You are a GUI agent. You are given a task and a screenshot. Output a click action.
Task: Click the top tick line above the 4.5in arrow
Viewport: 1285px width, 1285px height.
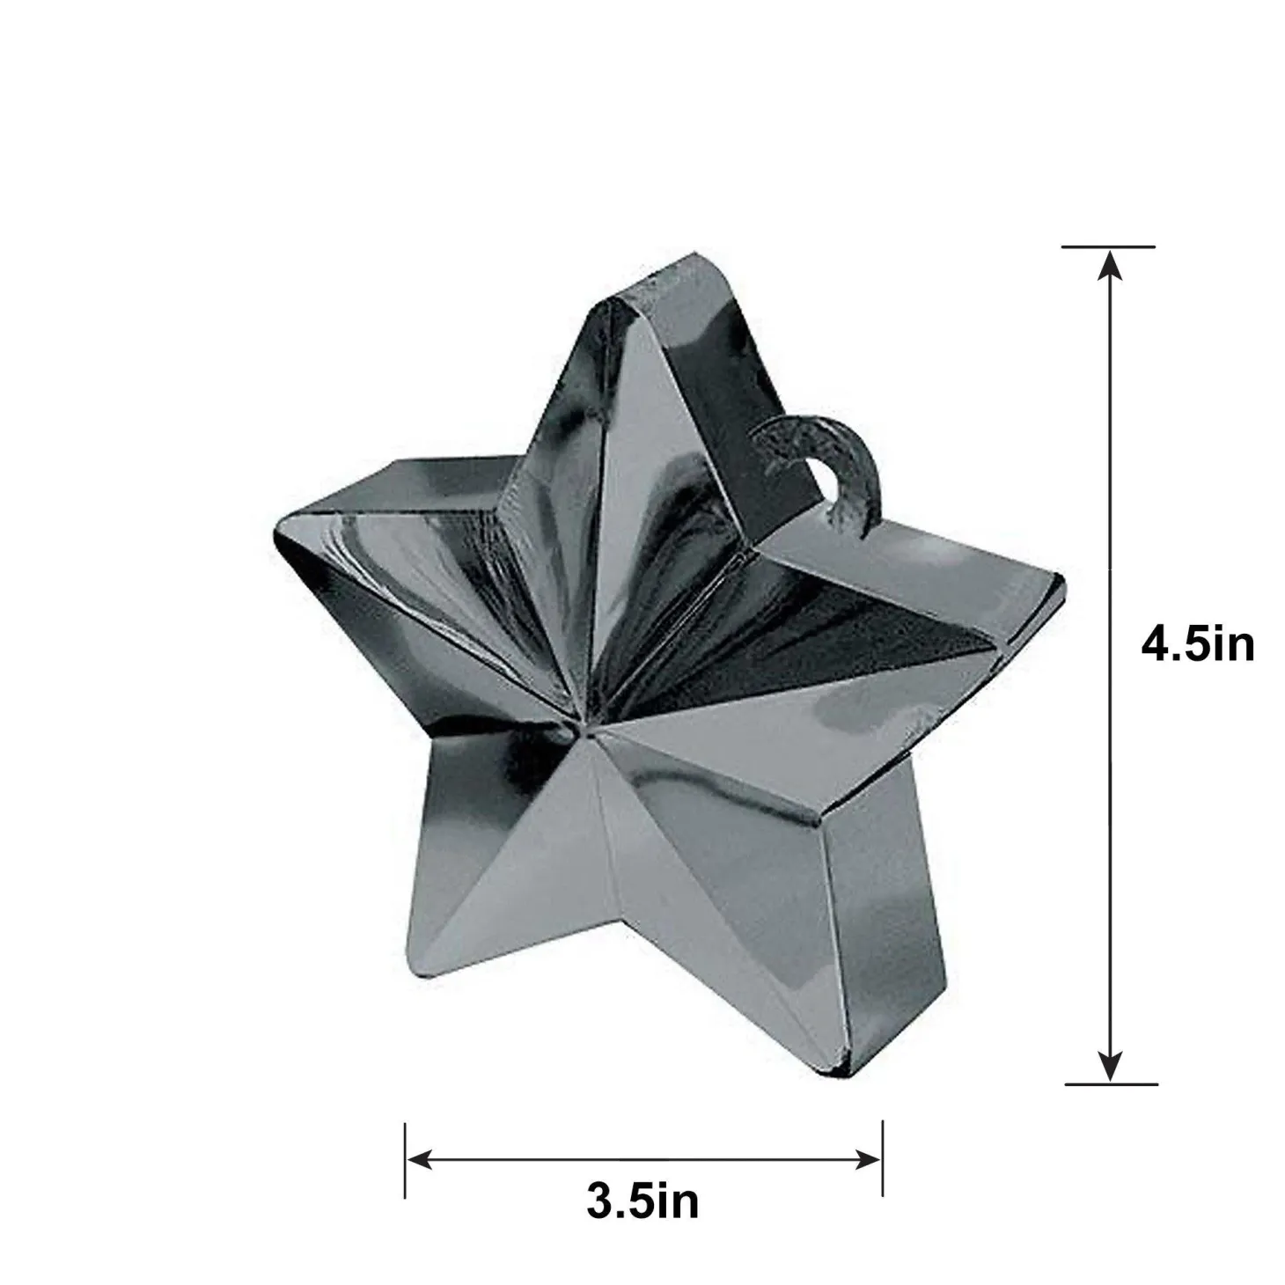[1108, 246]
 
